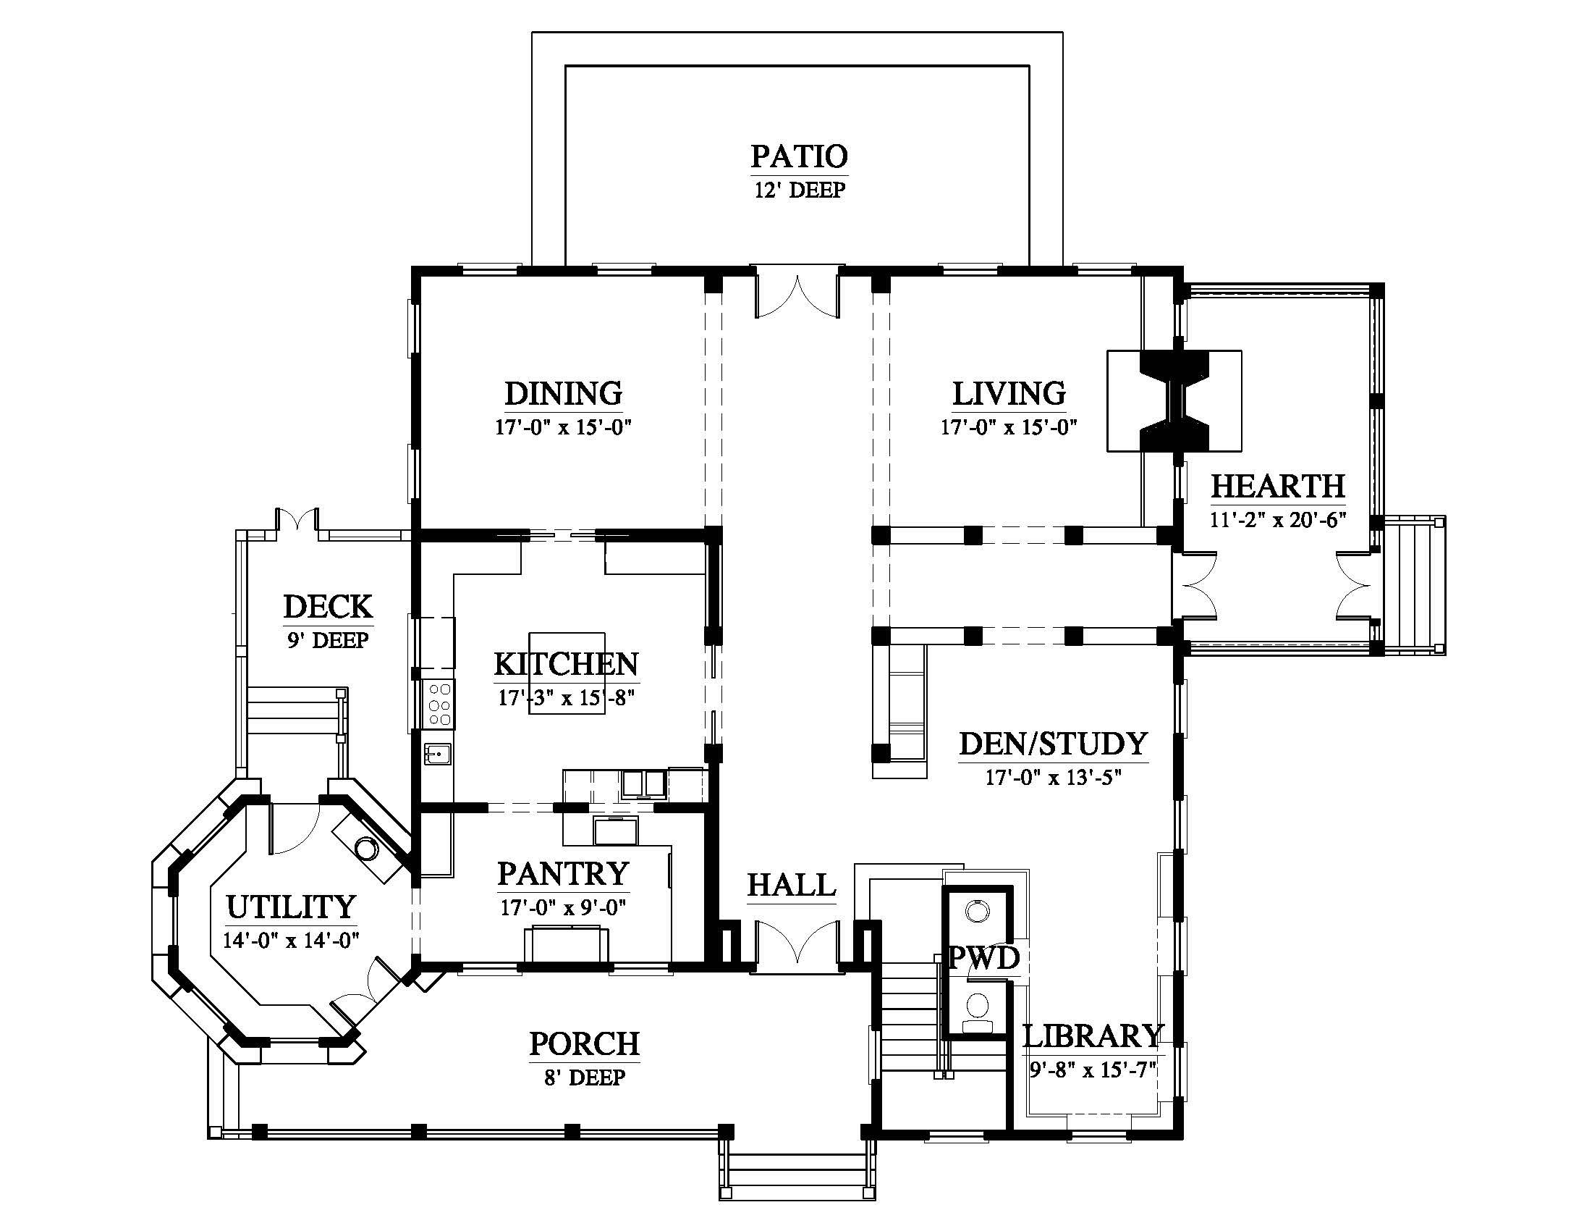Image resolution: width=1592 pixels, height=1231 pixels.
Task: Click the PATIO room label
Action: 800,156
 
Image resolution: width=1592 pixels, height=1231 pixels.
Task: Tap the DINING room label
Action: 564,393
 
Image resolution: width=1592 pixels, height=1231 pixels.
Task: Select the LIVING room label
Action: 1009,393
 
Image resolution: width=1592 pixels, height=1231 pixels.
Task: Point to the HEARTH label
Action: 1278,486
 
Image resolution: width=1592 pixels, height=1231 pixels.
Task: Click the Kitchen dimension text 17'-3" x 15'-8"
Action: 567,698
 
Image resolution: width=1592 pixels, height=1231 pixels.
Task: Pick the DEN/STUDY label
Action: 1054,744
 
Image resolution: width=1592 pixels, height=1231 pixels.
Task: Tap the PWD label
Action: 983,957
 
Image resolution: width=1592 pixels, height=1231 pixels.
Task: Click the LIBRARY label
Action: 1093,1035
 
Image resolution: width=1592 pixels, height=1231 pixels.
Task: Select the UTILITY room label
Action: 291,907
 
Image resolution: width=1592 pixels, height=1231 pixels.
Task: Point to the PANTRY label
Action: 563,873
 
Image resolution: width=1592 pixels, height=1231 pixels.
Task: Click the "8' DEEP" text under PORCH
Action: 585,1077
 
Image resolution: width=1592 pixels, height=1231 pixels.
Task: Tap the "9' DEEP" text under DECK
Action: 328,640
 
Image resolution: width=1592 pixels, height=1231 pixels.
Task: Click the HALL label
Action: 792,886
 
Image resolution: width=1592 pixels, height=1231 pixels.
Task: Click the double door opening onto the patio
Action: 798,295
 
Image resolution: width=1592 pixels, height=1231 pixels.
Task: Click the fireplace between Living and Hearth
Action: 1174,401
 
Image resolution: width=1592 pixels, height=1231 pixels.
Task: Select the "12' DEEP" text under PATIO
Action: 800,190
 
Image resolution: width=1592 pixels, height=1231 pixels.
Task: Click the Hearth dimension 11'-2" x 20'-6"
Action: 1278,520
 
